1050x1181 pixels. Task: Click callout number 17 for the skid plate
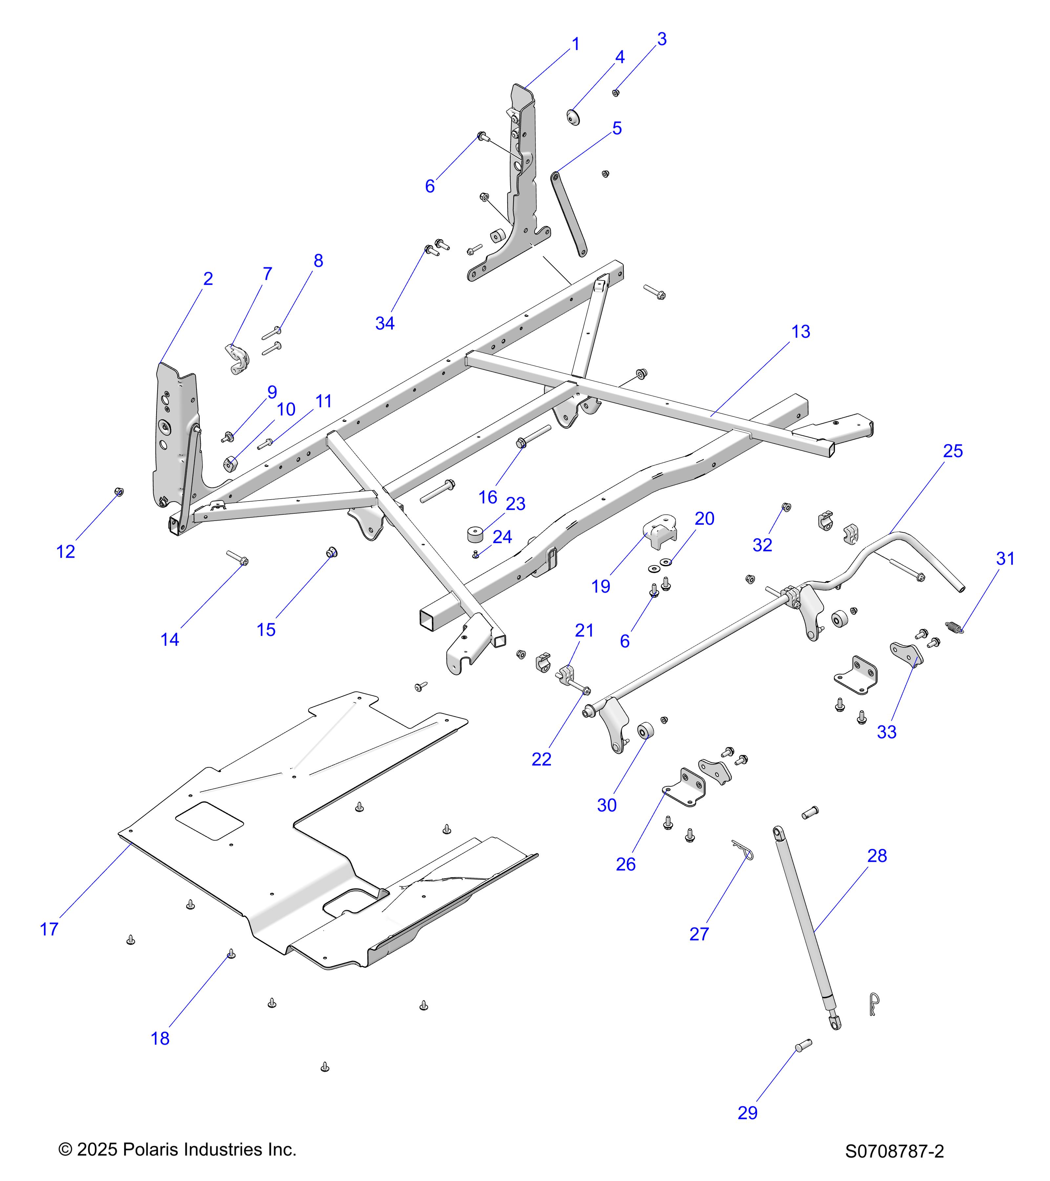pyautogui.click(x=49, y=929)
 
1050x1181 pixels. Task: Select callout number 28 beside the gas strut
pyautogui.click(x=877, y=855)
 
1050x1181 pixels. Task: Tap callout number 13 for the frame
pyautogui.click(x=800, y=332)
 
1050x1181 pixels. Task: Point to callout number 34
pyautogui.click(x=385, y=323)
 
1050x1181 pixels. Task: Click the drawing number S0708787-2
pyautogui.click(x=894, y=1151)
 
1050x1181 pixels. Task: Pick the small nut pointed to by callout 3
pyautogui.click(x=616, y=93)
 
